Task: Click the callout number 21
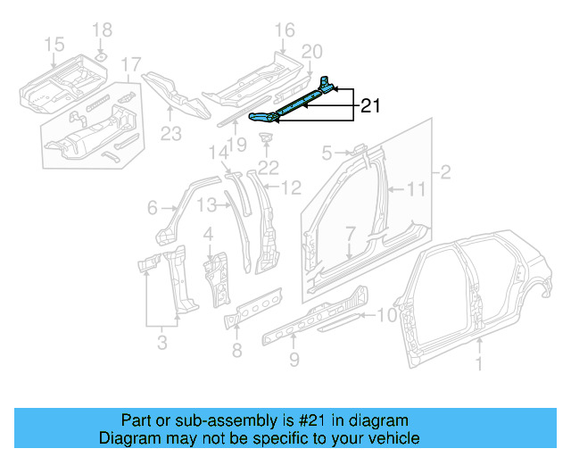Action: (371, 107)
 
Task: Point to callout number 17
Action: (131, 64)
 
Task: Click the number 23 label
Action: (170, 135)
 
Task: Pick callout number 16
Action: (284, 31)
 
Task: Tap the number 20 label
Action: (311, 51)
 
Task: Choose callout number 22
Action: (269, 167)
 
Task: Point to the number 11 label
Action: (417, 188)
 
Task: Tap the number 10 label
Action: (385, 314)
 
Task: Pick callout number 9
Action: (294, 361)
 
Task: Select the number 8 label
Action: (236, 350)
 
